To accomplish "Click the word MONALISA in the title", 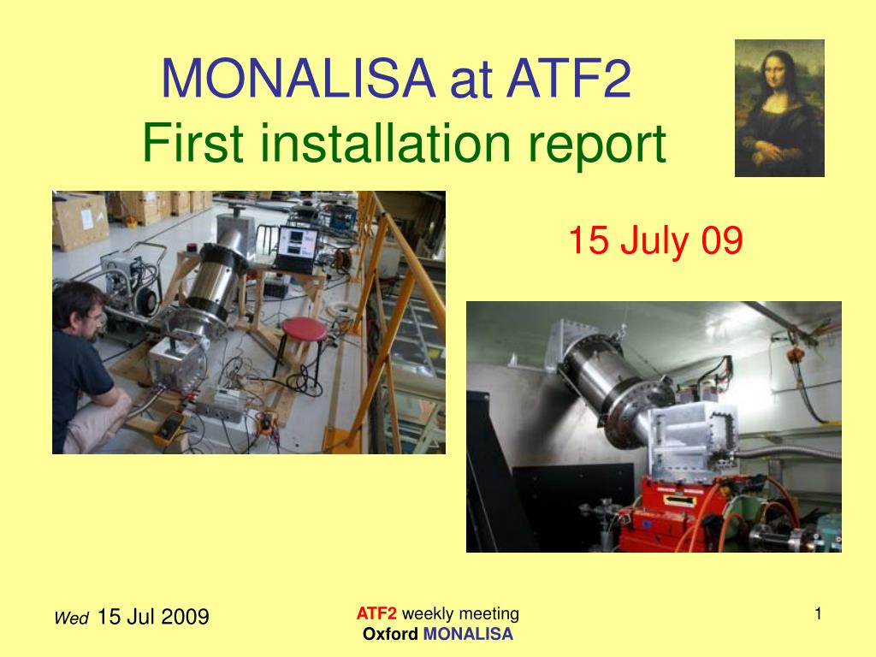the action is pos(299,78).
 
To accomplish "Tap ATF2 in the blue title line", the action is pos(569,78).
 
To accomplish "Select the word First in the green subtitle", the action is pos(192,143).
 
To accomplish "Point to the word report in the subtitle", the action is pos(597,146).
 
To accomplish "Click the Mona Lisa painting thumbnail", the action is pos(779,108).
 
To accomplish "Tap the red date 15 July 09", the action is pos(655,240).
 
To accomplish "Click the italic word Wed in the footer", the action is pos(72,618).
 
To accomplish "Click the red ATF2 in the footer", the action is pos(376,613).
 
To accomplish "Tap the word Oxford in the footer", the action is pos(390,634).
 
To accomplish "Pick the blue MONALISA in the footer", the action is pos(468,634).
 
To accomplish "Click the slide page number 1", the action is pos(818,614).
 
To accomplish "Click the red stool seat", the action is pos(305,328).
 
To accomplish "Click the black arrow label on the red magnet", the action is pos(678,500).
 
